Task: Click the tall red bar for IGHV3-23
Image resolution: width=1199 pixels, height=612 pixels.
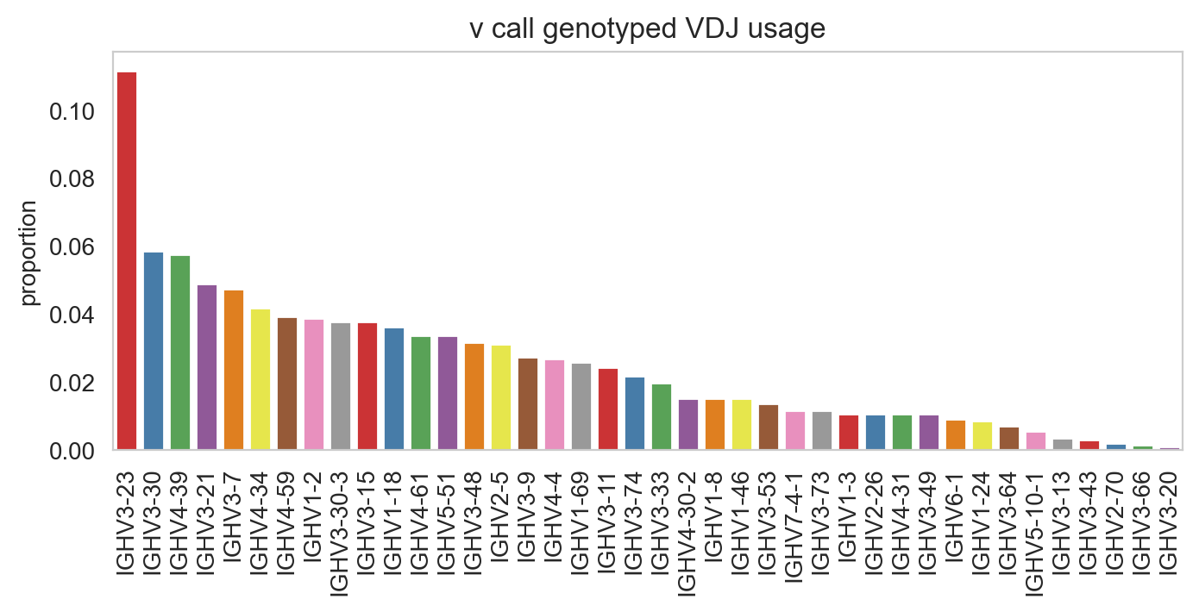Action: (x=127, y=260)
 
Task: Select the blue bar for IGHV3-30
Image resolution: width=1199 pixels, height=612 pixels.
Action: (x=154, y=351)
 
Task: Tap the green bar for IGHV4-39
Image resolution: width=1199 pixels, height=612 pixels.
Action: (x=180, y=353)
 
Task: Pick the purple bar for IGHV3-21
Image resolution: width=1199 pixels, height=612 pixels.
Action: (x=207, y=367)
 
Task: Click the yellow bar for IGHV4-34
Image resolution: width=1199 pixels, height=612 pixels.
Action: (x=261, y=379)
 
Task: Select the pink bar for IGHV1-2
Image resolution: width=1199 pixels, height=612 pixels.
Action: (x=314, y=384)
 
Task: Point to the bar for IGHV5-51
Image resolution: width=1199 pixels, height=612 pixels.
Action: (x=448, y=393)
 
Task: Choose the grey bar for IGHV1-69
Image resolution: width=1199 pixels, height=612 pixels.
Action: (x=581, y=407)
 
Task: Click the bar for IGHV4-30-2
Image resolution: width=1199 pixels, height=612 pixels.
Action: (x=688, y=425)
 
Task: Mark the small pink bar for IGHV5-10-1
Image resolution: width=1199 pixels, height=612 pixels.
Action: (x=1036, y=440)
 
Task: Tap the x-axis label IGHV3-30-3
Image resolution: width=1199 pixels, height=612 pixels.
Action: (x=341, y=534)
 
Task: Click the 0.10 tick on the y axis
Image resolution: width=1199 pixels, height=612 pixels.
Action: (x=72, y=112)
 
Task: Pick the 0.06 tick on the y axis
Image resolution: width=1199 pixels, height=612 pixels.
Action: (x=72, y=247)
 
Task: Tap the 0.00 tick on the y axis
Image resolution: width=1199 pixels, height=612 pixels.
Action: (x=72, y=452)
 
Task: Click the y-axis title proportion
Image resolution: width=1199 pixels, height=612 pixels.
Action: (x=28, y=253)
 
